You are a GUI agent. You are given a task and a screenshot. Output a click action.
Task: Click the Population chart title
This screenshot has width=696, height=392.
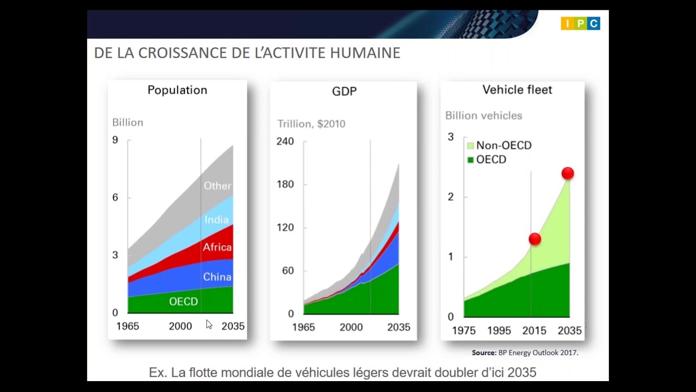(x=177, y=90)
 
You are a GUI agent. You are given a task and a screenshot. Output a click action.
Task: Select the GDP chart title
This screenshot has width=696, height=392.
(x=344, y=91)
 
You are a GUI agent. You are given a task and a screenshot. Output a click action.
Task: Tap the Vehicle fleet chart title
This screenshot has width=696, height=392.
(x=517, y=90)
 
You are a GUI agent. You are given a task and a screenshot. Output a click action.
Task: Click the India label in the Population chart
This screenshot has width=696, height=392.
(x=216, y=220)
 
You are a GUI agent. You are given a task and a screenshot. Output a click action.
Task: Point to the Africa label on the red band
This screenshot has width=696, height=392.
(x=217, y=247)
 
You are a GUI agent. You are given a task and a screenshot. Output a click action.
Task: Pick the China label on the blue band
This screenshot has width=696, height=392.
(x=217, y=277)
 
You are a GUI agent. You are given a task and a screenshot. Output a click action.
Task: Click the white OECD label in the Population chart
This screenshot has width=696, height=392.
(x=183, y=302)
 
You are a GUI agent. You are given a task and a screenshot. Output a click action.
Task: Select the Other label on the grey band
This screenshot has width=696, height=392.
(x=217, y=186)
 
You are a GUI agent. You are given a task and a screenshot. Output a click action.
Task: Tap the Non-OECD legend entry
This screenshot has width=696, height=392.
(x=499, y=145)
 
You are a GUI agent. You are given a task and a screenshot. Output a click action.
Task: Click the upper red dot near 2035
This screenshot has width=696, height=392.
(x=568, y=174)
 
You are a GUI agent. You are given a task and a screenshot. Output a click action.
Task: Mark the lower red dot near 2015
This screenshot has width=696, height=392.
(x=535, y=239)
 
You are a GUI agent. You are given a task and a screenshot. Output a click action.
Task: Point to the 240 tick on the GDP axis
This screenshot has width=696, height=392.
(x=285, y=142)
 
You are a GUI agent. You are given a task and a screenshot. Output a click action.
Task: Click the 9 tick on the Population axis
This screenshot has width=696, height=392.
(x=115, y=140)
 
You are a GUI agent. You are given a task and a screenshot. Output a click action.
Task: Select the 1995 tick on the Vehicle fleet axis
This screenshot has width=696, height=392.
(x=499, y=330)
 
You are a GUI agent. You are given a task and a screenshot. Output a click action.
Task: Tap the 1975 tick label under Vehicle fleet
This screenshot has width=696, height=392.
(x=463, y=330)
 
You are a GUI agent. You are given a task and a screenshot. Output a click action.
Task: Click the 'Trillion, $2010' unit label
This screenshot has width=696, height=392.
(x=311, y=124)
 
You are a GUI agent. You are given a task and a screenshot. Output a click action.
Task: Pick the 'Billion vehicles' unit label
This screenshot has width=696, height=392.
(x=483, y=116)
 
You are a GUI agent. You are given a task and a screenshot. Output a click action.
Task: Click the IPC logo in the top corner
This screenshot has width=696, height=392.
(x=580, y=23)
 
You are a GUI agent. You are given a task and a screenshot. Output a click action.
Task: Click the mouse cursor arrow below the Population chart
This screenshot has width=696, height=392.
(x=209, y=324)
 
